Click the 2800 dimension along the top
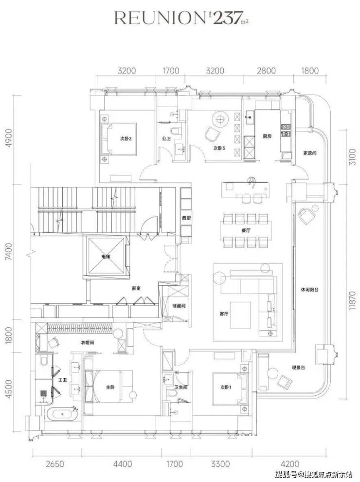point(266,71)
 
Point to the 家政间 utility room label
point(310,152)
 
